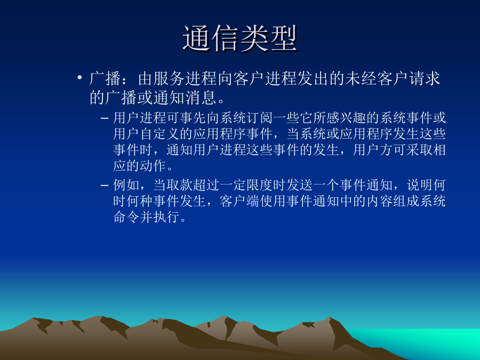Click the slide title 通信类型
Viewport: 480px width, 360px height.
point(241,38)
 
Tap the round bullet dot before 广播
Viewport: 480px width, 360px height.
point(79,77)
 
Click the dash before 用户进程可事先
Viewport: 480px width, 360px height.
point(105,118)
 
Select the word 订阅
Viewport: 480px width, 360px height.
point(260,118)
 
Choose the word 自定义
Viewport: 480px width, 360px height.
point(159,134)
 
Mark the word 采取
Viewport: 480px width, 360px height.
point(419,150)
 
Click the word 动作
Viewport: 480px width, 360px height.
point(153,166)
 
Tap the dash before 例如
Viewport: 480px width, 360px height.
point(105,185)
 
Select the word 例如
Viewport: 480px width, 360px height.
point(126,185)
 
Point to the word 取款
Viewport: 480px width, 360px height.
point(180,185)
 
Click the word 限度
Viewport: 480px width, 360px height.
point(260,185)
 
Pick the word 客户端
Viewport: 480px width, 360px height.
point(239,201)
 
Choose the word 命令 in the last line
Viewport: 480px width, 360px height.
point(126,217)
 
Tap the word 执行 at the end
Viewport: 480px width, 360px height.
point(166,217)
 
